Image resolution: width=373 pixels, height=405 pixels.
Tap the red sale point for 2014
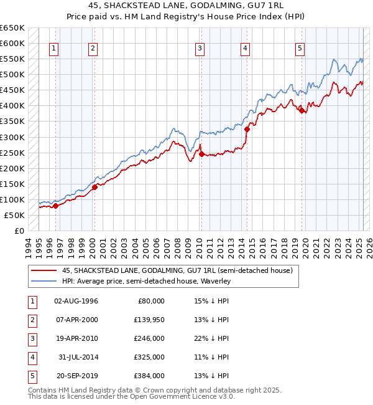tap(247, 130)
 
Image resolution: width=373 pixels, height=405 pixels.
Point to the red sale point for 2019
tap(302, 111)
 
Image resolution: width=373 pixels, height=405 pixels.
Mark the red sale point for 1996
tap(55, 206)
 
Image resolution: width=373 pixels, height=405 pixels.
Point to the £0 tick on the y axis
tap(19, 231)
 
